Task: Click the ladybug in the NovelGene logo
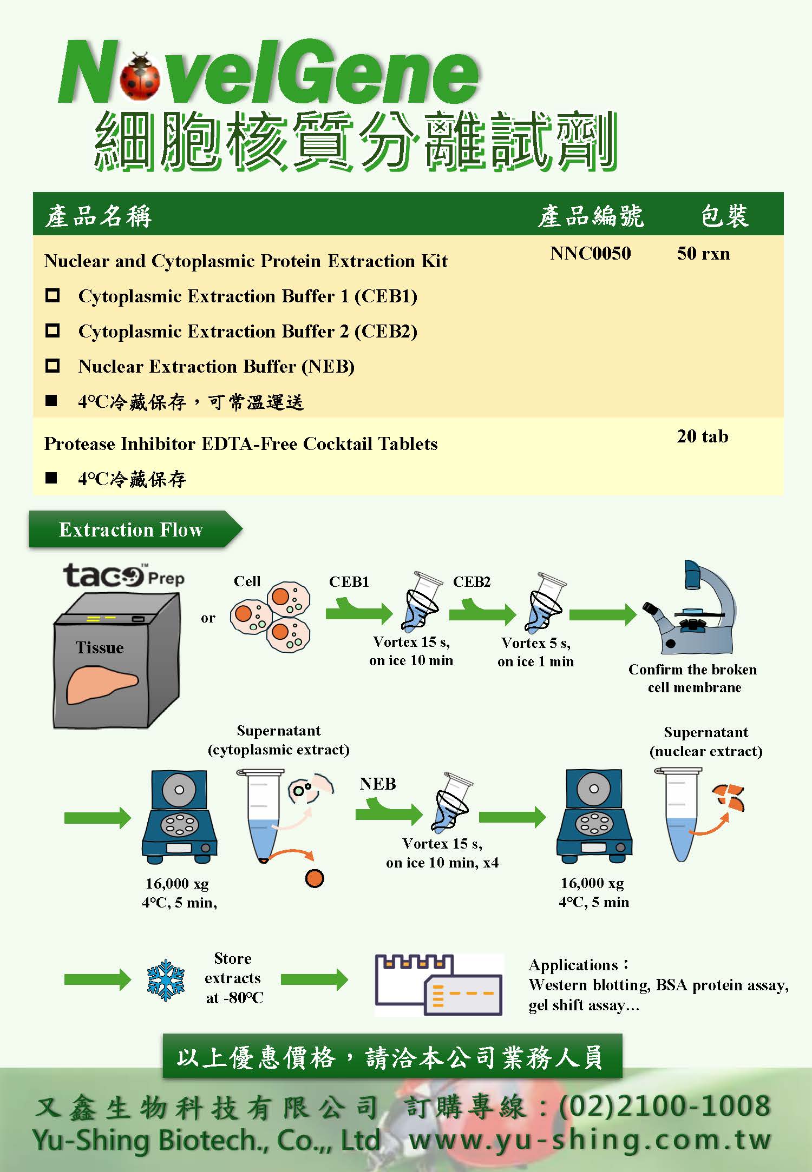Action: tap(140, 77)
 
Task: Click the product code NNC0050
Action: tap(591, 254)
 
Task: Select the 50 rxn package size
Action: tap(703, 254)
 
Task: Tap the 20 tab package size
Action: tap(702, 436)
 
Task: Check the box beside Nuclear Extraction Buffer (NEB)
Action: tap(53, 366)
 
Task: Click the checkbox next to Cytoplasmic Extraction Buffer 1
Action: tap(53, 296)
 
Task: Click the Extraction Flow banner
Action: tap(131, 529)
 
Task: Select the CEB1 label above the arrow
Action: tap(349, 582)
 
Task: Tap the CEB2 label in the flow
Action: tap(472, 582)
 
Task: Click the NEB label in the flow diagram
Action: tap(378, 784)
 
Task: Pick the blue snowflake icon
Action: tap(166, 980)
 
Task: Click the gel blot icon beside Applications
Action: tap(438, 985)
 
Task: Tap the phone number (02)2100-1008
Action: tap(665, 1105)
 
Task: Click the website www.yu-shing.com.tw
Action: tap(590, 1140)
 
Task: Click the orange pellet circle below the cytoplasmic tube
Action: tap(315, 878)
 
